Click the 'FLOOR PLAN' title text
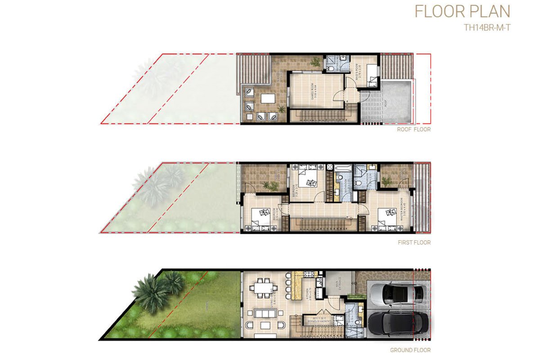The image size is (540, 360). click(x=462, y=12)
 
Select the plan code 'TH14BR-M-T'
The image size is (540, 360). click(x=488, y=27)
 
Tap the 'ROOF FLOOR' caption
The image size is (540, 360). click(x=414, y=130)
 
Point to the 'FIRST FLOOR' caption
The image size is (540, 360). click(x=414, y=243)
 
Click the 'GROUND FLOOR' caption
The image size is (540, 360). click(x=410, y=350)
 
